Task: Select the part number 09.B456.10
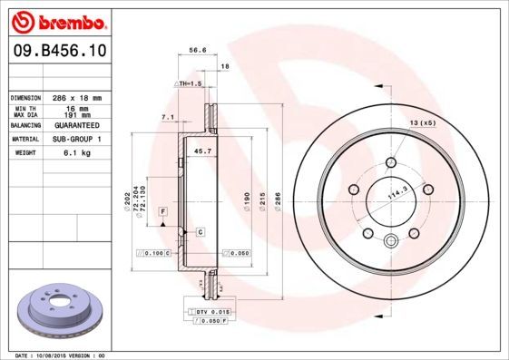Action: click(x=57, y=54)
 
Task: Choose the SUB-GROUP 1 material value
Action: click(x=77, y=139)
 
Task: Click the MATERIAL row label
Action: click(x=24, y=139)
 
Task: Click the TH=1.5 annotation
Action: click(x=187, y=83)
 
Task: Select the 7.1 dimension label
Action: click(x=167, y=117)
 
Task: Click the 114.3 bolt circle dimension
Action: click(x=396, y=192)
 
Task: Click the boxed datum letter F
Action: click(x=162, y=210)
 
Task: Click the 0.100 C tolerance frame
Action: click(x=152, y=253)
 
